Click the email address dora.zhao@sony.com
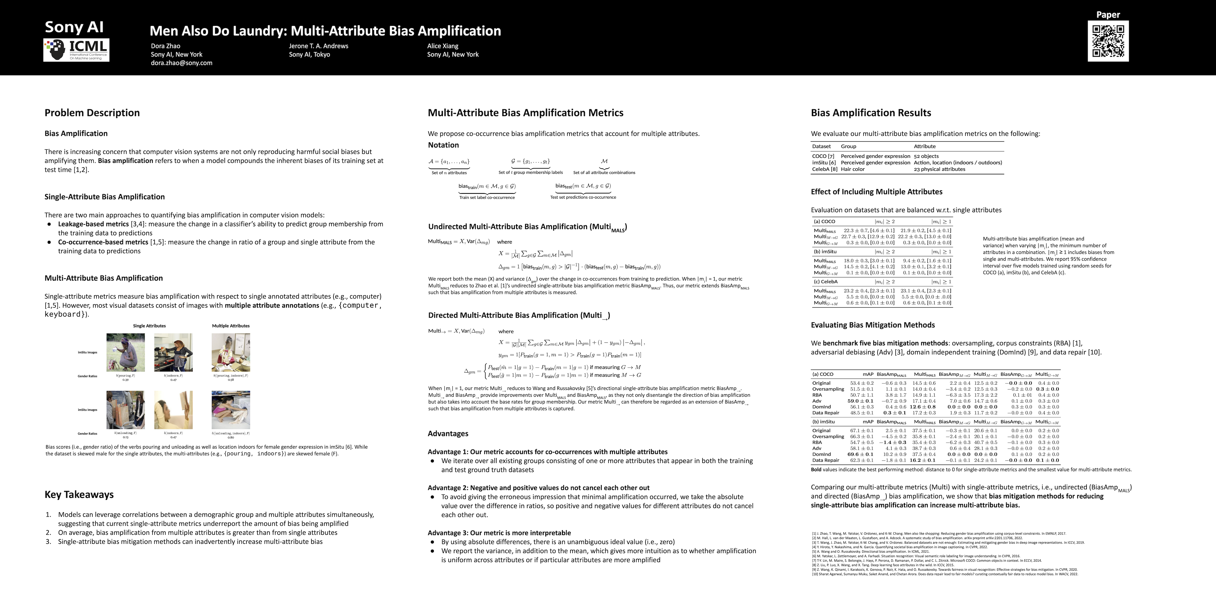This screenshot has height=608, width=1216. click(x=181, y=63)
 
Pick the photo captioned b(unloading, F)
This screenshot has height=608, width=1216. click(x=126, y=410)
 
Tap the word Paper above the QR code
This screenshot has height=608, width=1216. click(x=1108, y=15)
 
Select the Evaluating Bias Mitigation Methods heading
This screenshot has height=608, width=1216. click(x=872, y=325)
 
